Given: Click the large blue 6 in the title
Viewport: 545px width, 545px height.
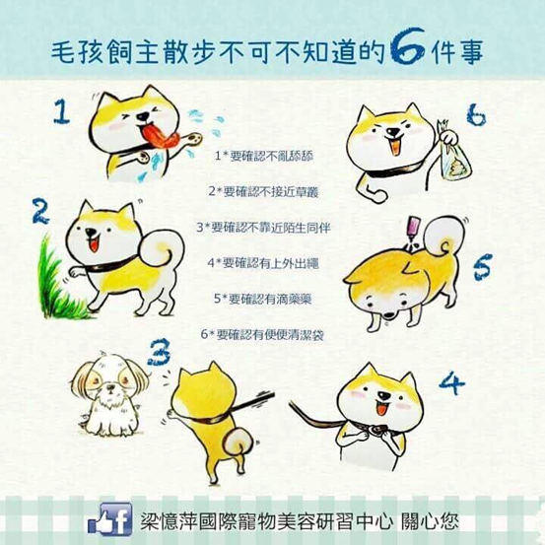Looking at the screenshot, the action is click(407, 47).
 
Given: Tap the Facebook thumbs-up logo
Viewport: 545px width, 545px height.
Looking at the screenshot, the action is click(110, 519).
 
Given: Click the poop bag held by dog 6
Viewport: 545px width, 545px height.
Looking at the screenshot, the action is click(455, 161).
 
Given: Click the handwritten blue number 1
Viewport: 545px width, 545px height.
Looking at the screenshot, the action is click(61, 111).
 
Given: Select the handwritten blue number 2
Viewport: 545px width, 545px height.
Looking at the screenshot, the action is click(40, 211).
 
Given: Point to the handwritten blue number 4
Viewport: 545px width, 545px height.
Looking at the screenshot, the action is click(451, 382).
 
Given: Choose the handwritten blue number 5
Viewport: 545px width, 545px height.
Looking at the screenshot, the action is click(483, 267).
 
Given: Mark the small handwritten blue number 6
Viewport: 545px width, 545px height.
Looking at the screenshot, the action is click(476, 115).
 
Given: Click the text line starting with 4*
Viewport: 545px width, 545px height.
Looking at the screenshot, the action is click(263, 263).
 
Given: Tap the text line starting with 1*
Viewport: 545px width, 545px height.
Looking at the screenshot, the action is click(264, 156).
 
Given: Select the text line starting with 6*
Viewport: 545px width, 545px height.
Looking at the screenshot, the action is click(262, 335).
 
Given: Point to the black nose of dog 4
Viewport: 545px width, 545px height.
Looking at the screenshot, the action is click(384, 396).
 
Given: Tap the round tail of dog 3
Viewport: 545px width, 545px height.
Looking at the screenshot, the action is click(238, 442).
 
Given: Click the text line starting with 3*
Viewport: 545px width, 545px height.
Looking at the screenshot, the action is click(263, 228).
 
